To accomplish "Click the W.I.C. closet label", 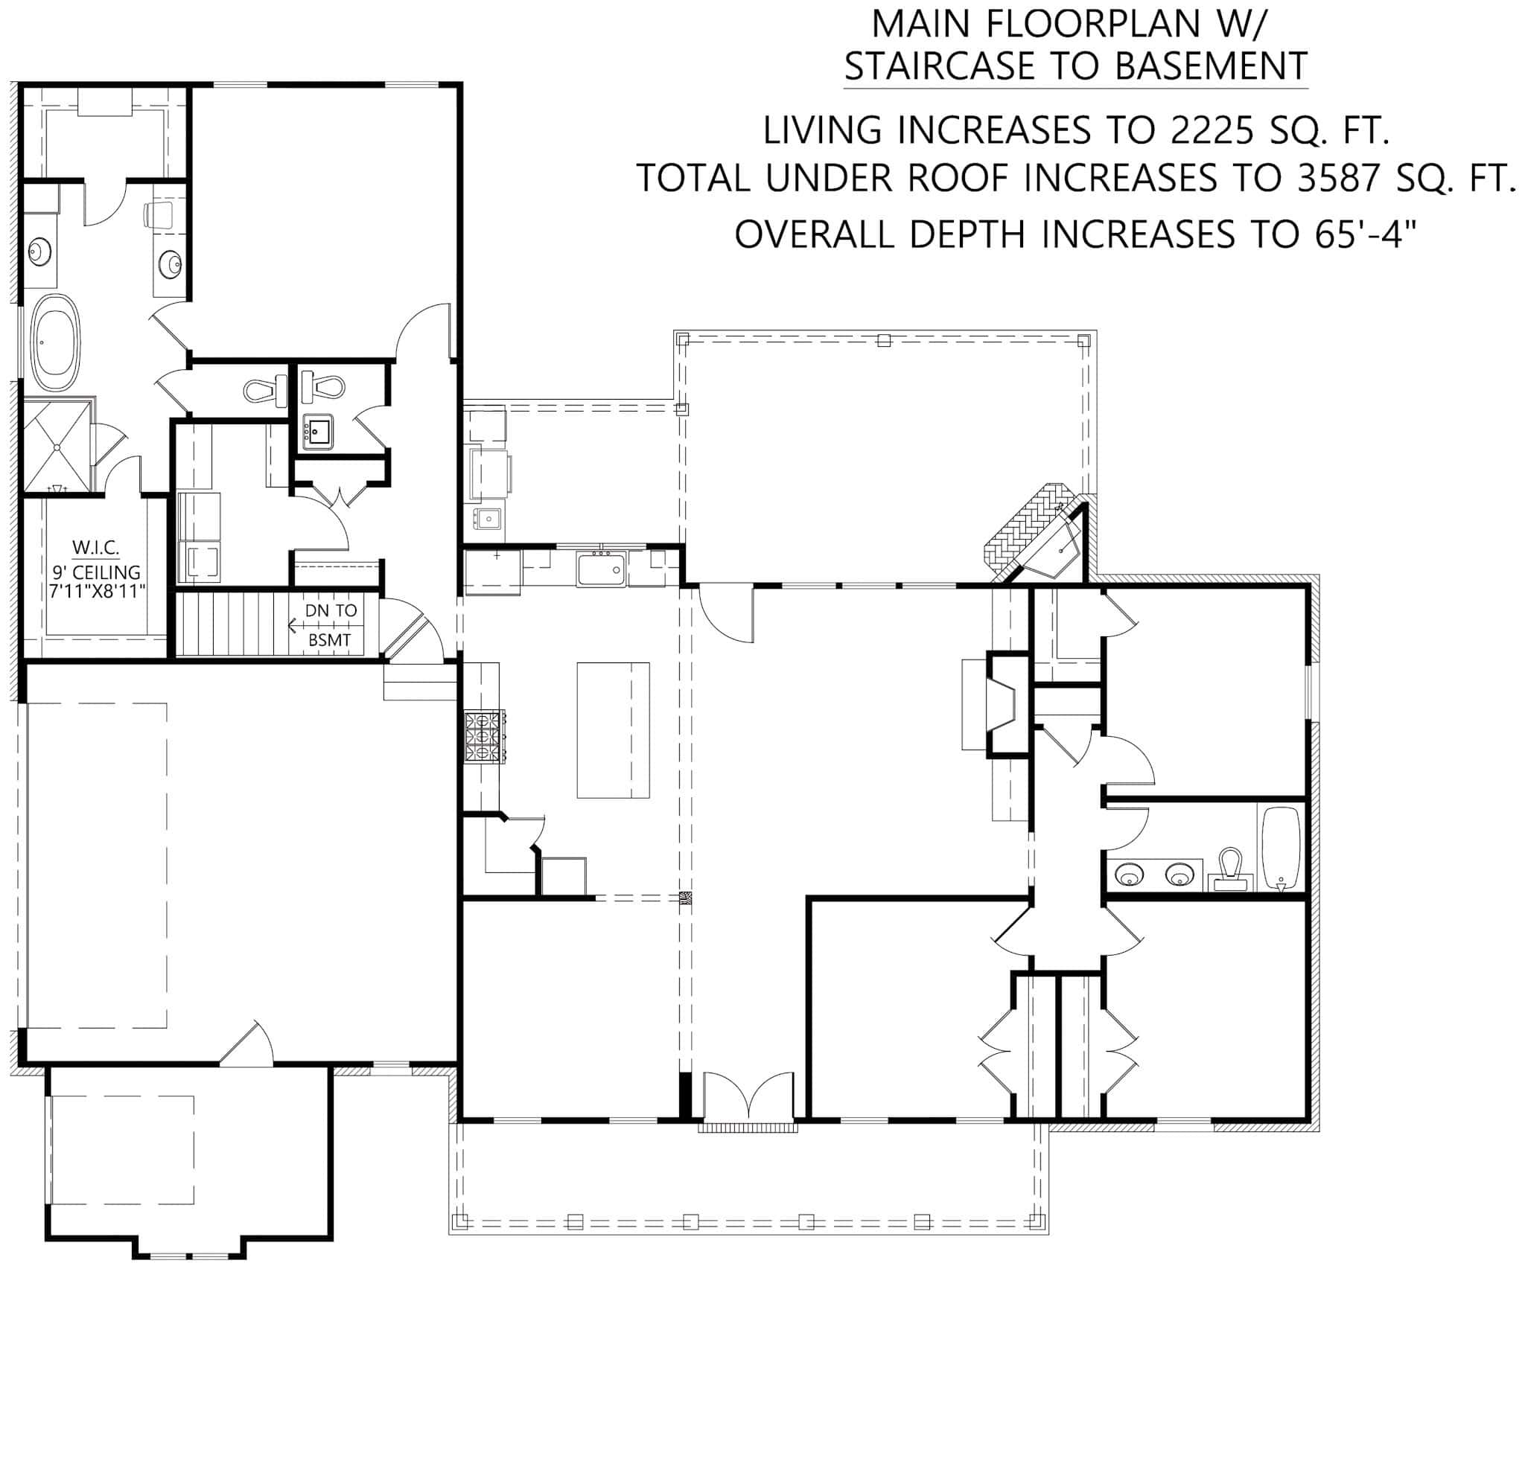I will coord(96,547).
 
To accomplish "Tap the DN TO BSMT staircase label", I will coord(330,625).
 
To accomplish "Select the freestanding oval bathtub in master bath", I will coord(55,342).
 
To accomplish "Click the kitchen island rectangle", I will coord(613,729).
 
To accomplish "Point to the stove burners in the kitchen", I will coord(485,737).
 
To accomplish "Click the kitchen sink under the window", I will coord(601,569).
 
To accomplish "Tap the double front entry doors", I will coord(748,1096).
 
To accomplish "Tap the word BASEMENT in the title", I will coord(1211,66).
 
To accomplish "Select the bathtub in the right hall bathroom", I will coord(1281,848).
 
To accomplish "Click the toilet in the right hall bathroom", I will coord(1230,869).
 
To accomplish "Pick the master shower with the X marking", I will coord(57,446).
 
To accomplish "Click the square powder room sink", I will coord(317,432).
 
